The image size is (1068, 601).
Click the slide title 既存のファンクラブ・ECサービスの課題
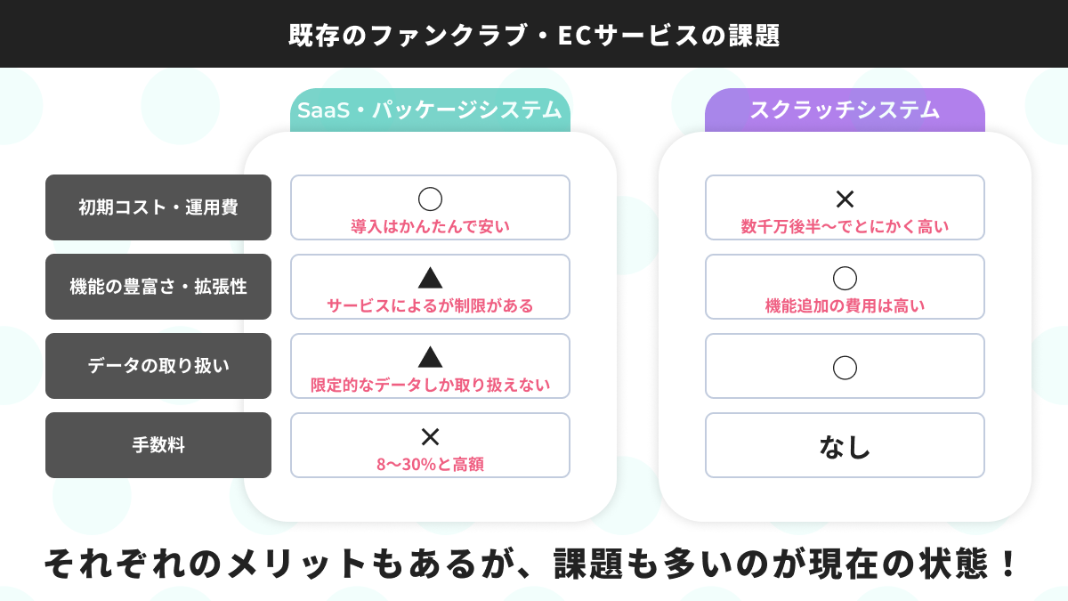534,35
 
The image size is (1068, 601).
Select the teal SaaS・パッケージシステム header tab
430,110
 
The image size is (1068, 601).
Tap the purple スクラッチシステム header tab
845,110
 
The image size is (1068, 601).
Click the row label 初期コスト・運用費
158,207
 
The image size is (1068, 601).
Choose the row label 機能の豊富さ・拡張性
158,287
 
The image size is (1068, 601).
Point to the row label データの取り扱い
158,366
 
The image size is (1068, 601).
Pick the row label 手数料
158,445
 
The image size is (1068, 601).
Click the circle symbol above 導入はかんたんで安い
430,199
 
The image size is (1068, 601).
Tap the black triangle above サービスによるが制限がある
430,278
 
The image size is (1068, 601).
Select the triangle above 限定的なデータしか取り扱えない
430,357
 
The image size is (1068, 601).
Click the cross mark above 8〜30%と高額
430,436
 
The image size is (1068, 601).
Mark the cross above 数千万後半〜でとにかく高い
845,199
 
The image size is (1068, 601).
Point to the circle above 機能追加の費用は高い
845,278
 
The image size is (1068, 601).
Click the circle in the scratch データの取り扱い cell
845,366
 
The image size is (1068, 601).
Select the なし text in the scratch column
845,446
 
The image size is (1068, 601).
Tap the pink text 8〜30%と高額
430,464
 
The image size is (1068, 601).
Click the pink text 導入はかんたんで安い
430,226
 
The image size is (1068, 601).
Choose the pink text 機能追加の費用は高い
845,305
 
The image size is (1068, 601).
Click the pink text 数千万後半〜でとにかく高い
845,226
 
